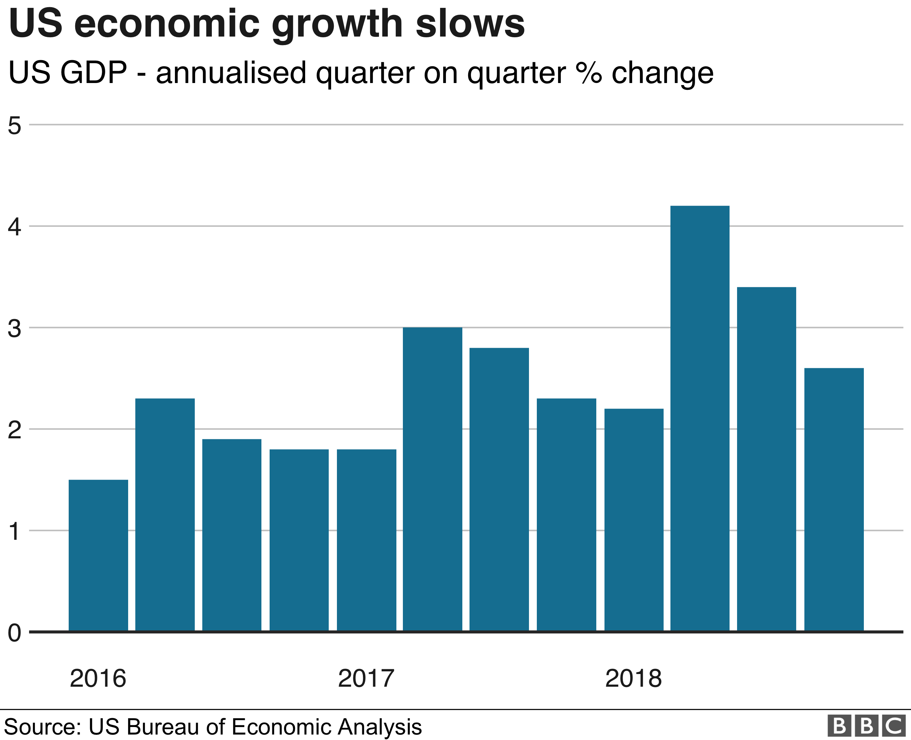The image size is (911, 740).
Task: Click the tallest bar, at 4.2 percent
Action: point(699,418)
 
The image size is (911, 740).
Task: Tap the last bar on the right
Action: point(833,499)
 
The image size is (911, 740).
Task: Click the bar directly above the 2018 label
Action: point(634,520)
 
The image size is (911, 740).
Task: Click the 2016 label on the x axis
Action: point(98,678)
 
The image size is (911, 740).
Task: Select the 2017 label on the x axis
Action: point(366,678)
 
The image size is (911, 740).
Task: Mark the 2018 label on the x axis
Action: point(633,678)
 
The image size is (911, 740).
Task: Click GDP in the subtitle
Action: point(93,72)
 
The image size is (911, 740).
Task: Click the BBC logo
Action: point(866,726)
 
